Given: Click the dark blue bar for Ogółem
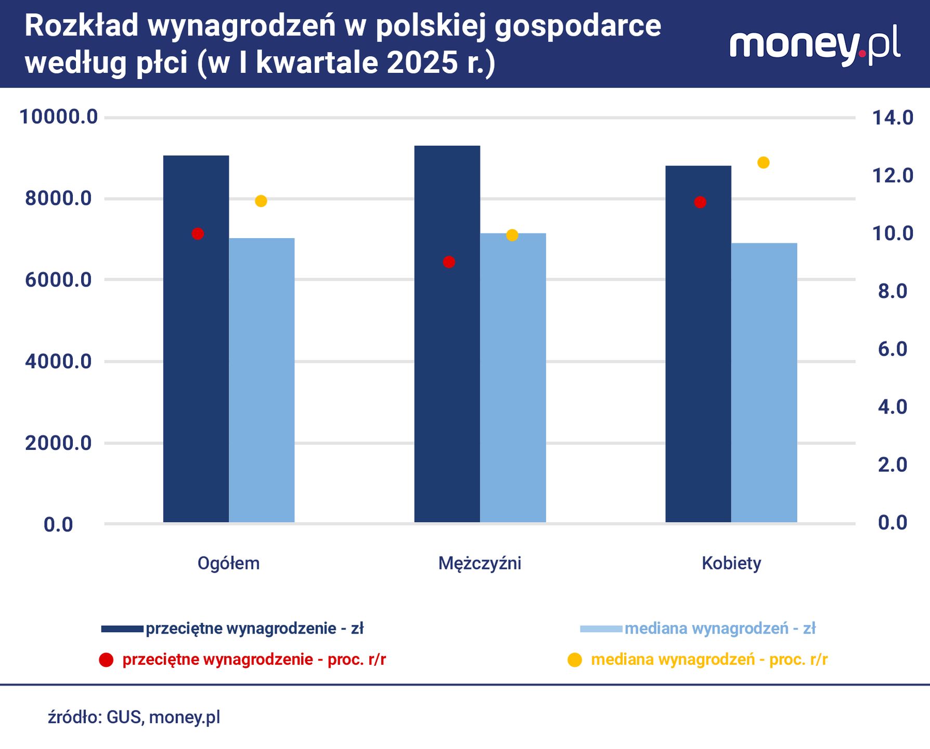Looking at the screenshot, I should click(x=196, y=338).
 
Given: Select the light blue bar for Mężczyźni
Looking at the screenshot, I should click(x=513, y=378).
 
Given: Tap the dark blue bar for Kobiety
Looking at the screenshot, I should click(x=698, y=343).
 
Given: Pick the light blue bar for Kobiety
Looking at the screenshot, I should click(x=764, y=382).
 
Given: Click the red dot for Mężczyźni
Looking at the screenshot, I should click(x=449, y=262).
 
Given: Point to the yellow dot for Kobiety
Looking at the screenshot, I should click(x=763, y=163).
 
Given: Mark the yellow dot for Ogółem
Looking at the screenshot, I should click(x=261, y=201).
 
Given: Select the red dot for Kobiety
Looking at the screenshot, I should click(x=700, y=202).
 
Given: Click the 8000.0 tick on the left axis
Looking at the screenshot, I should click(x=58, y=199).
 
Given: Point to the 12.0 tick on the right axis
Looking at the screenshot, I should click(x=893, y=176).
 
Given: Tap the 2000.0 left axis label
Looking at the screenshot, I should click(x=58, y=443).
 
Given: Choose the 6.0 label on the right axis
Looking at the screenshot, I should click(x=893, y=349).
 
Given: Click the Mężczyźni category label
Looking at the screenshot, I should click(x=480, y=563).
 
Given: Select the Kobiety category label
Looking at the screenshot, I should click(x=731, y=563).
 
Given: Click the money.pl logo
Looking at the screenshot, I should click(x=815, y=46).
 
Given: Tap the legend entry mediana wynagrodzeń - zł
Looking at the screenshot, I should click(x=719, y=629).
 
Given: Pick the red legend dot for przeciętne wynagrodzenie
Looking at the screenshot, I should click(x=106, y=660).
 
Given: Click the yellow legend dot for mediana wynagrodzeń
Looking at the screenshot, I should click(x=575, y=660).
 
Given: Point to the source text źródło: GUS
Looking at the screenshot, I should click(x=134, y=717).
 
